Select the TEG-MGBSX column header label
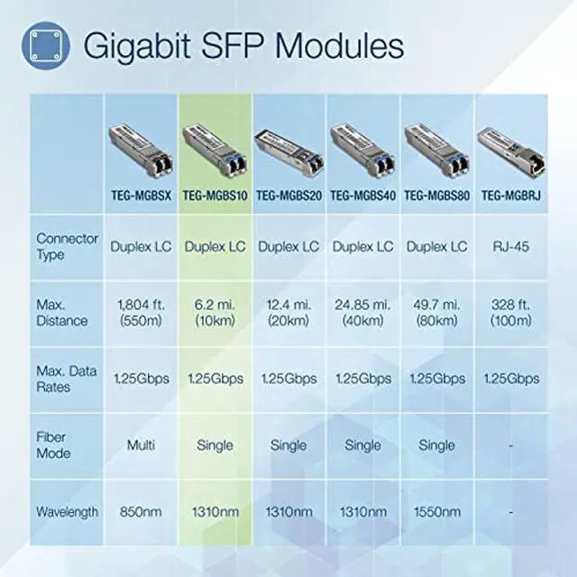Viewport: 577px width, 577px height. coord(141,195)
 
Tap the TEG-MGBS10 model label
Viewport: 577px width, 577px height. coord(215,195)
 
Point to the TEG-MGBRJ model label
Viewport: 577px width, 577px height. coord(509,195)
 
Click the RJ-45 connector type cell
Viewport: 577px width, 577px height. coord(509,245)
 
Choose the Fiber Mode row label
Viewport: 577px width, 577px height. coord(54,445)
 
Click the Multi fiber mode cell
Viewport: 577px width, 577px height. coord(141,445)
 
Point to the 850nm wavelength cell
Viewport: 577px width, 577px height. coord(141,512)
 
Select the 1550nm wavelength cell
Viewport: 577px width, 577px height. coord(436,512)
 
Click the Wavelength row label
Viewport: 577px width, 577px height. coord(68,512)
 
